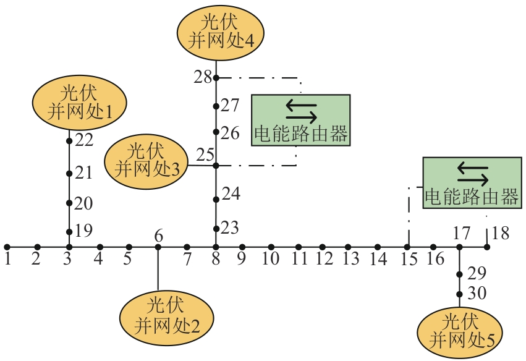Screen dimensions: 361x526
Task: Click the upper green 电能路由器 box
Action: tap(300, 120)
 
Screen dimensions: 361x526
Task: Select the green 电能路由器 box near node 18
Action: tap(471, 182)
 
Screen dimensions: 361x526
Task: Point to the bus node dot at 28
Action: tap(216, 78)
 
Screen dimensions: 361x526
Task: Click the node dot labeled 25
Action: tap(216, 166)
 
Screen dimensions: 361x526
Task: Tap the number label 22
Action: tap(84, 140)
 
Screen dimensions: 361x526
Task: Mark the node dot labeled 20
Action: tap(69, 203)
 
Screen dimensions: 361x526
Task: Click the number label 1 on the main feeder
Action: tap(7, 259)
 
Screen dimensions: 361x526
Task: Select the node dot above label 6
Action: tap(158, 247)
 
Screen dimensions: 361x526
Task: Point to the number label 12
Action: tap(323, 259)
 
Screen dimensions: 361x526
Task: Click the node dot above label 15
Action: tap(408, 247)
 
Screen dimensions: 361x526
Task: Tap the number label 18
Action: tap(501, 234)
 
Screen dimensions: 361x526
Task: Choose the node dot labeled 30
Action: tap(459, 294)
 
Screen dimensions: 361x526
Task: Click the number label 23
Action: tap(230, 228)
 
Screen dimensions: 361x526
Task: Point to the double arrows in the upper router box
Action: tap(301, 111)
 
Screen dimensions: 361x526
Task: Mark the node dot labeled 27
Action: tap(216, 106)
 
